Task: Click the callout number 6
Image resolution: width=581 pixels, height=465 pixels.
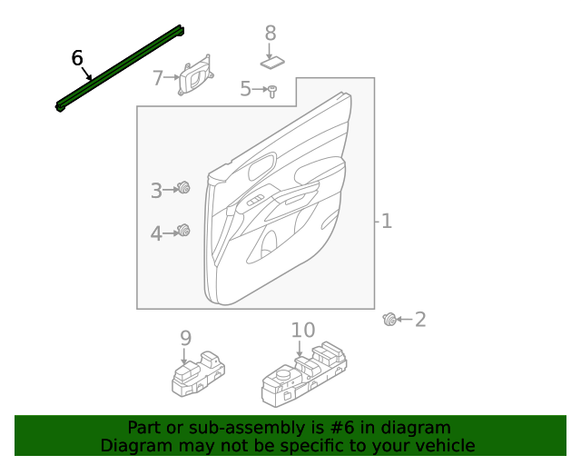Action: (x=77, y=59)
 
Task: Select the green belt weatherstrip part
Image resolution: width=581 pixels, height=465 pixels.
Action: (x=123, y=69)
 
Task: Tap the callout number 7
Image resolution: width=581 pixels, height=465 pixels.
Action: (x=158, y=78)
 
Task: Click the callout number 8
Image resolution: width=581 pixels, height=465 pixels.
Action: (x=270, y=34)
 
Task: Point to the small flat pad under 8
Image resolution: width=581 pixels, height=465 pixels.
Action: (x=272, y=64)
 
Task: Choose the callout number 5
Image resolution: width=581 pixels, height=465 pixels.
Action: (x=245, y=89)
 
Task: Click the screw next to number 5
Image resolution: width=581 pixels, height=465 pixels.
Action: (x=271, y=89)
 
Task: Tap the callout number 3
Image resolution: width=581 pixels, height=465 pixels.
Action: (x=156, y=190)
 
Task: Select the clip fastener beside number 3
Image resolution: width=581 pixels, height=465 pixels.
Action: (x=184, y=188)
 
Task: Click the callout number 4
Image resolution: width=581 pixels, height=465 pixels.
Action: (x=156, y=233)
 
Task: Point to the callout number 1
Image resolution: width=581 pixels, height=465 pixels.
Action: (x=387, y=221)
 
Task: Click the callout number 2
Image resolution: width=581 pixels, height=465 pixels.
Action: (x=419, y=319)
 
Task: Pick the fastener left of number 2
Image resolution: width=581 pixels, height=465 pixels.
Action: (x=389, y=319)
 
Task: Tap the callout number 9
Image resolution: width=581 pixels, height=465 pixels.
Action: (x=185, y=338)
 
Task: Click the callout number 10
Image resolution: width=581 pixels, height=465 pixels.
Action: (x=302, y=331)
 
